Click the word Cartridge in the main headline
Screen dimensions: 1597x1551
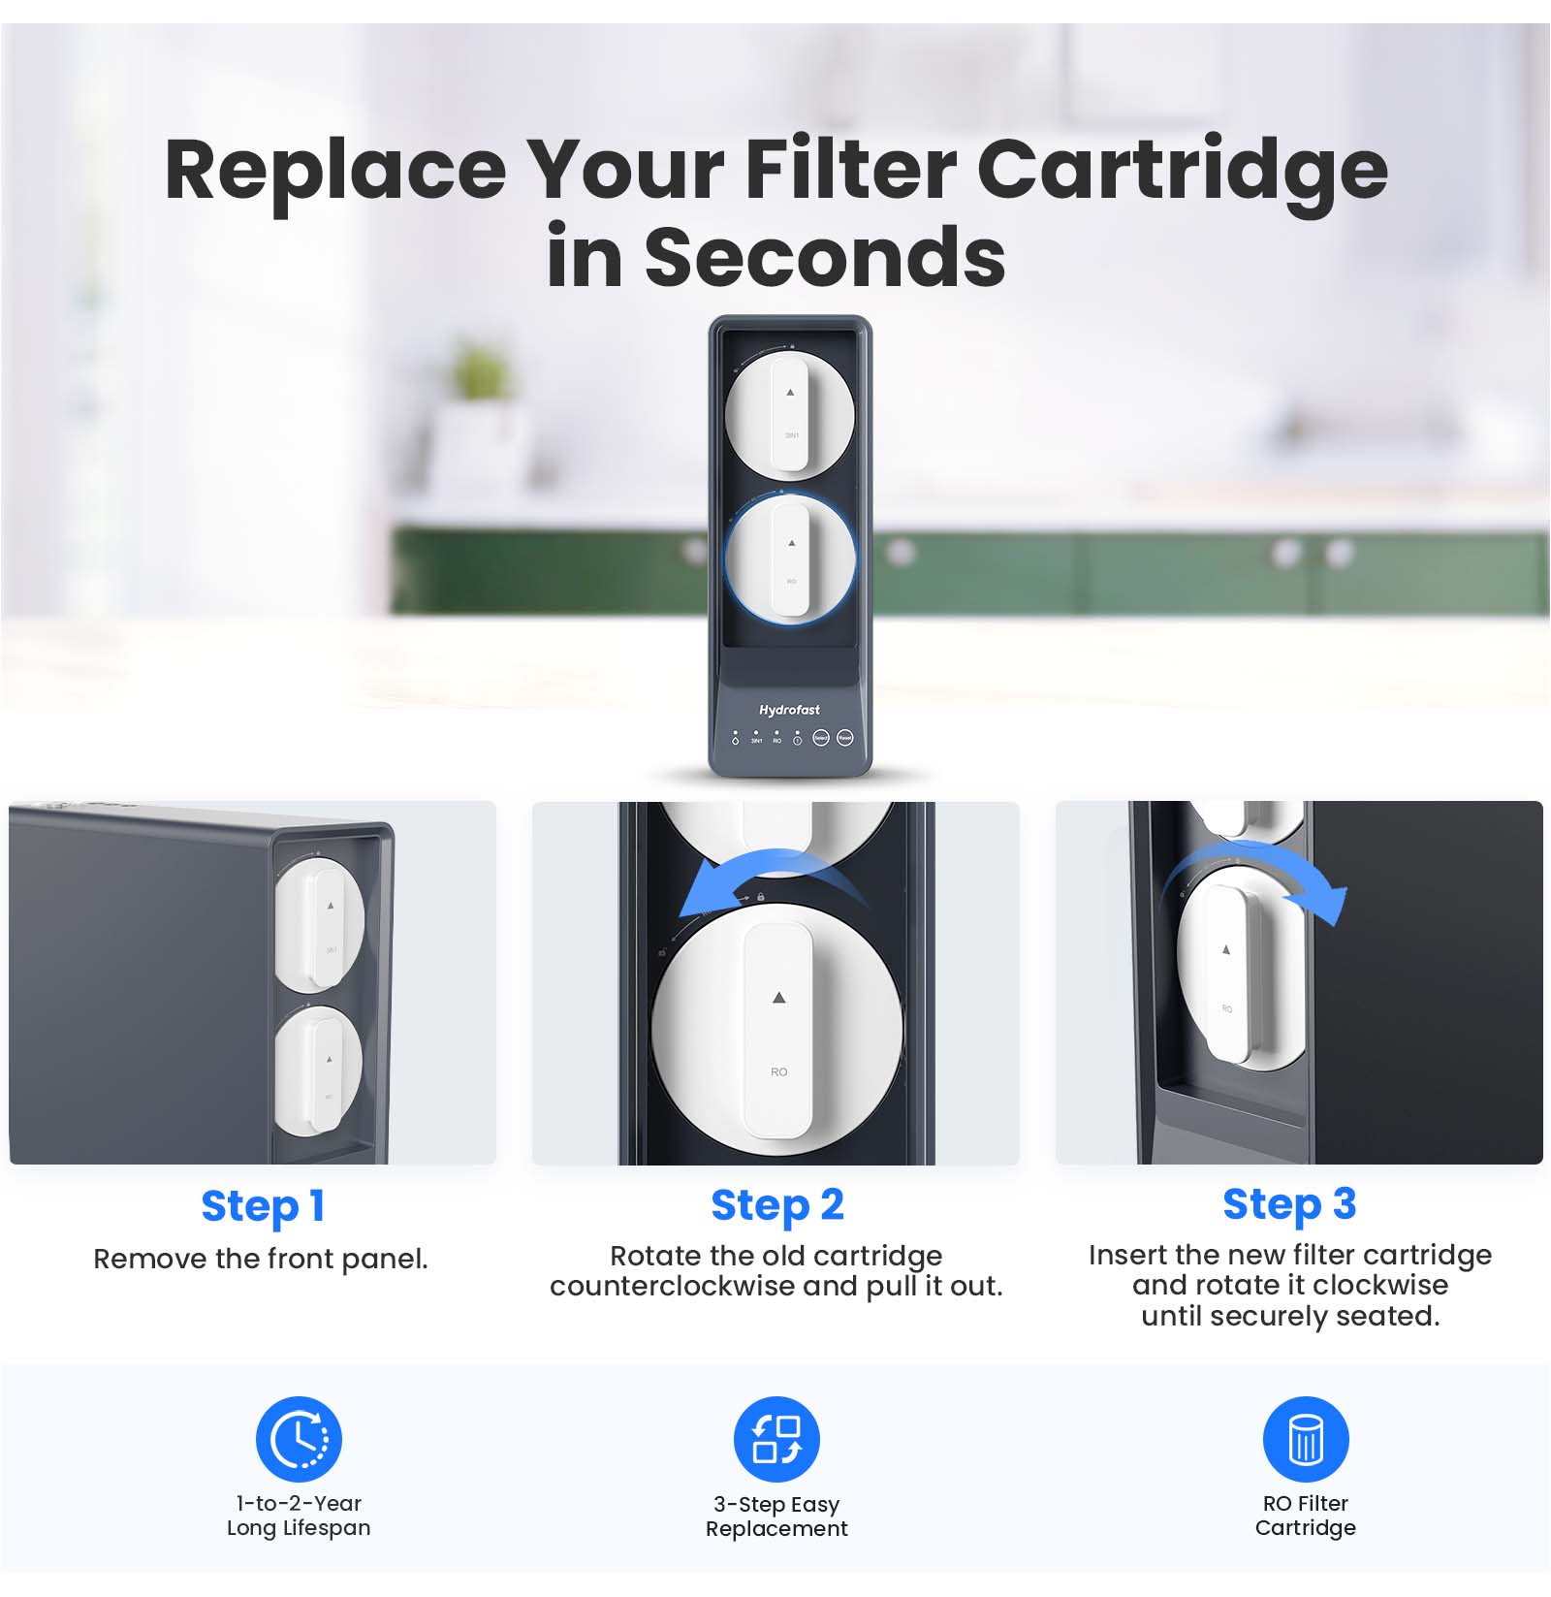(x=1183, y=171)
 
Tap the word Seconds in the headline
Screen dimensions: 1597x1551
(x=825, y=257)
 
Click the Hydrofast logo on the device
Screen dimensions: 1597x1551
(x=789, y=710)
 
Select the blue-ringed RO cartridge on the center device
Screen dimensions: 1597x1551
(x=790, y=559)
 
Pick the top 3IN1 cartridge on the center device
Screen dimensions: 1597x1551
(x=790, y=414)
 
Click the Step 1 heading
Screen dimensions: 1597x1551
(x=262, y=1206)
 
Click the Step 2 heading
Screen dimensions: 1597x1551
(x=777, y=1205)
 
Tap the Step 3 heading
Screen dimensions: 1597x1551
(x=1289, y=1204)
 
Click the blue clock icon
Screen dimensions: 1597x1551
(x=299, y=1439)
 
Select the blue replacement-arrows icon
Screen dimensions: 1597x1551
(x=776, y=1439)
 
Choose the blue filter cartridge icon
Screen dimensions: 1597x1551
(x=1306, y=1439)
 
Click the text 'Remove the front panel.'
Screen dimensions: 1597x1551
(x=261, y=1259)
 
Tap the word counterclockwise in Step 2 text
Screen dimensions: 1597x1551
(x=673, y=1287)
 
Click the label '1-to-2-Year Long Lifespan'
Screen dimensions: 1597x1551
(x=299, y=1516)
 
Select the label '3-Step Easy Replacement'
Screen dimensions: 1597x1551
(x=776, y=1517)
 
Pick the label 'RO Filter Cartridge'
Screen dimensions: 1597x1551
(x=1306, y=1516)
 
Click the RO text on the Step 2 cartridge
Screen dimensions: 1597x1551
(x=778, y=1071)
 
